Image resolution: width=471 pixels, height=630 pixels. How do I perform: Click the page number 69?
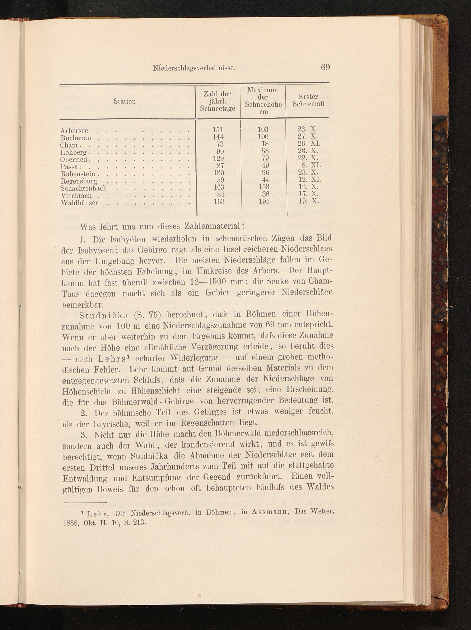[x=325, y=68]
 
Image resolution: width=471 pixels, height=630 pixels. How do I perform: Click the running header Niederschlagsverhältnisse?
[x=194, y=68]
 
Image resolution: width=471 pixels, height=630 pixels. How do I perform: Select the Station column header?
[x=125, y=101]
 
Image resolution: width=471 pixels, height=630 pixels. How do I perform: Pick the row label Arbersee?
[x=74, y=131]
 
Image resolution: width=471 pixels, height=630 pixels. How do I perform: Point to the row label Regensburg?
[x=79, y=181]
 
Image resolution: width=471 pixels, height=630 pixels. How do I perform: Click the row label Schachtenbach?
[x=84, y=188]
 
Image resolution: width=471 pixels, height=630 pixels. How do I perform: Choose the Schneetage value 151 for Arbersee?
[x=218, y=130]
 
